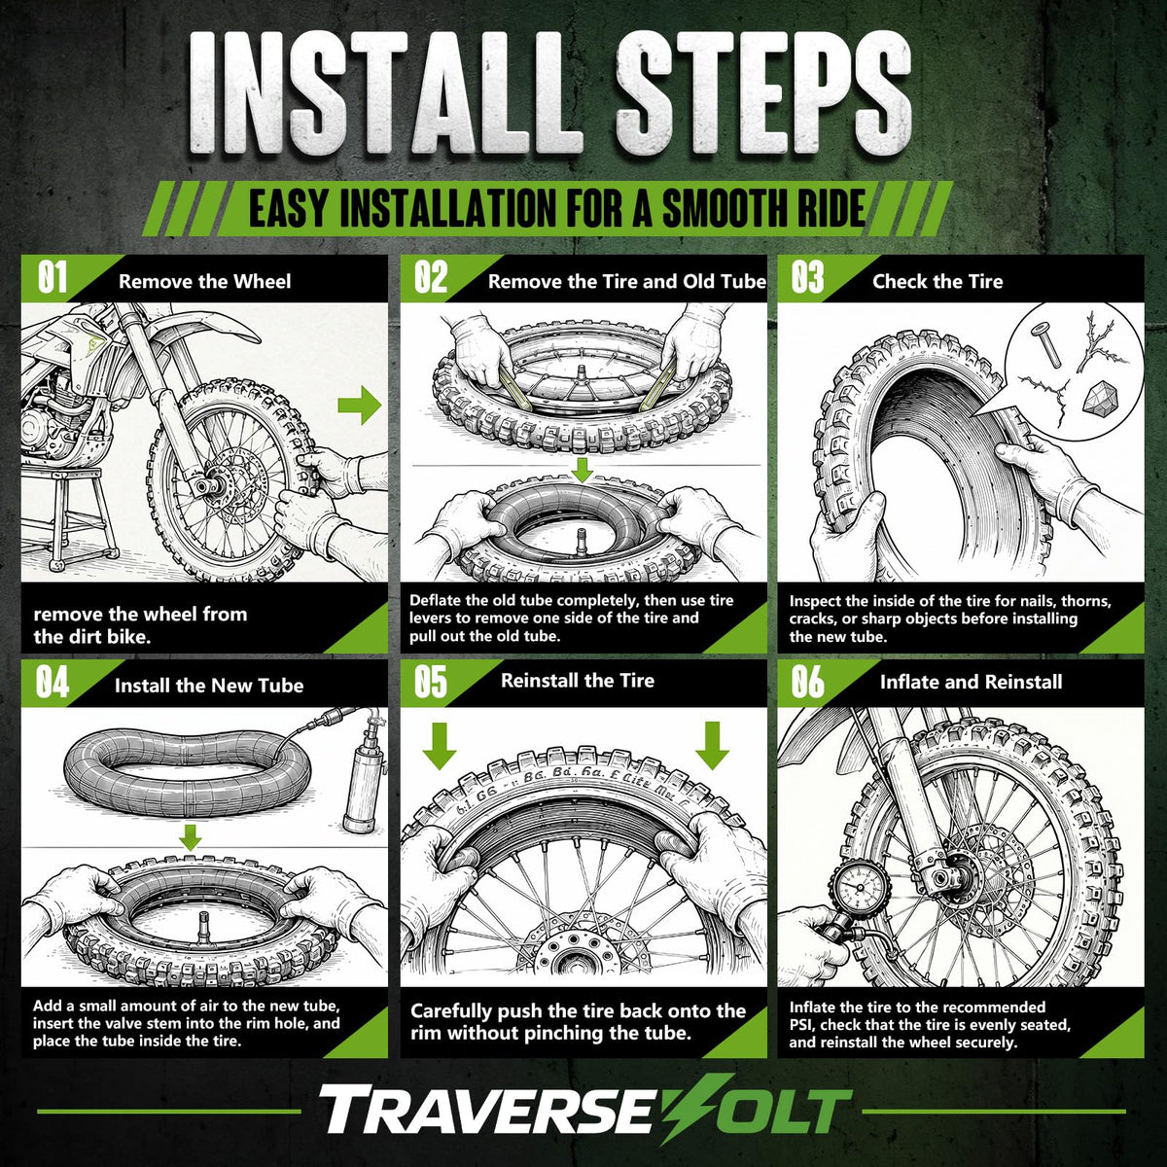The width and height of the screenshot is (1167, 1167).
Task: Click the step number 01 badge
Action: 53,278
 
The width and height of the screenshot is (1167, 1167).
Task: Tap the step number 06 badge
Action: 808,682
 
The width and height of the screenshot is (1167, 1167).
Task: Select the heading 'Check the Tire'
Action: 937,281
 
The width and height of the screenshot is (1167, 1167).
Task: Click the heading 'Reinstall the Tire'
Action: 578,680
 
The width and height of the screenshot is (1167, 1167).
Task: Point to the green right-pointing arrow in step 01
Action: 360,406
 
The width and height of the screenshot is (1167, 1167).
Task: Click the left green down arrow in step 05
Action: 439,746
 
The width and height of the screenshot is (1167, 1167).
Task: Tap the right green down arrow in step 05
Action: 712,746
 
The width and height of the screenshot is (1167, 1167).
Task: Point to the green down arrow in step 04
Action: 191,837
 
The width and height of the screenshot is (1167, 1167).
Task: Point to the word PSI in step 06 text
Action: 801,1025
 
